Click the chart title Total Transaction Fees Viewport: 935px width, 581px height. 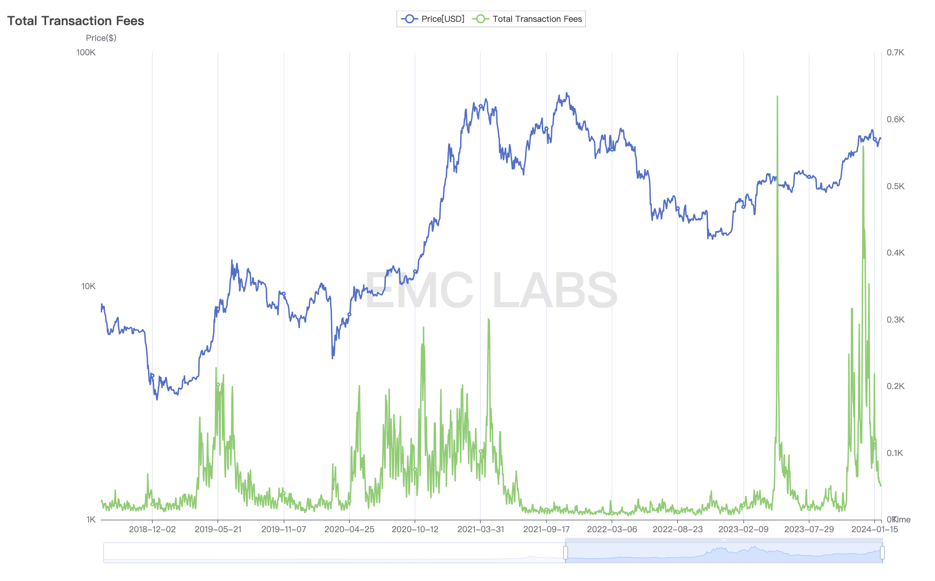click(76, 21)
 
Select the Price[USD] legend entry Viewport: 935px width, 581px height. click(433, 19)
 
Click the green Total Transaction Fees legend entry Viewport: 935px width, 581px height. click(527, 19)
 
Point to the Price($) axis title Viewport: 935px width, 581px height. click(101, 38)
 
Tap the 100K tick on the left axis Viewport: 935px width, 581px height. click(86, 53)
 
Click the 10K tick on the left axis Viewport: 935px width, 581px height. click(88, 286)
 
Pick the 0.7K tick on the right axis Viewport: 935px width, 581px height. click(896, 53)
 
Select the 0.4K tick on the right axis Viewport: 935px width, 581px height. click(896, 253)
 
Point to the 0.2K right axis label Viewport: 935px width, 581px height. click(896, 386)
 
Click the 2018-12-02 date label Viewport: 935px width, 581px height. click(152, 529)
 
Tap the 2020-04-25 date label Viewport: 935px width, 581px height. click(349, 529)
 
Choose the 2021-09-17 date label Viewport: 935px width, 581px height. click(546, 529)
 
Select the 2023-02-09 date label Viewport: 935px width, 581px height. click(743, 529)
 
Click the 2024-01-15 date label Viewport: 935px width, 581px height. click(875, 529)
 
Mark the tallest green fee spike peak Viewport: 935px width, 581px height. click(777, 97)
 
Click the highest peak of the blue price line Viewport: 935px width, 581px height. click(566, 93)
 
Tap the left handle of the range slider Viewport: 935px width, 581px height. click(565, 553)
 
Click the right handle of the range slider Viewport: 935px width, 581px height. click(882, 553)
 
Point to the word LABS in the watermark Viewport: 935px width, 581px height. click(555, 290)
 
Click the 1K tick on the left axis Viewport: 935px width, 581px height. click(91, 520)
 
